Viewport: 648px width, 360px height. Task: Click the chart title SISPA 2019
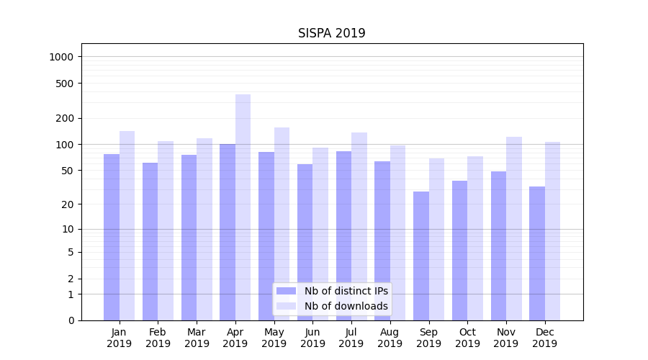point(332,33)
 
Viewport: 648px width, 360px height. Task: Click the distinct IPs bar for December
point(537,253)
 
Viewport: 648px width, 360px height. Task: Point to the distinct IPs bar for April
point(228,232)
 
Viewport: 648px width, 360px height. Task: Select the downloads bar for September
point(436,239)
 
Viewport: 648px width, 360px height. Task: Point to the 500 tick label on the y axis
point(66,84)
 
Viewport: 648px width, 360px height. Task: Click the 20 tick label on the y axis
point(68,204)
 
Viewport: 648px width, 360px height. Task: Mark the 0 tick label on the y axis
point(71,320)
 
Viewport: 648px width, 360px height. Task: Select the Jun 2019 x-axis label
point(312,338)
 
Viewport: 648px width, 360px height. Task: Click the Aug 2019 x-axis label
point(390,338)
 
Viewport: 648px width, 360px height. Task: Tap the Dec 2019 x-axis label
point(545,338)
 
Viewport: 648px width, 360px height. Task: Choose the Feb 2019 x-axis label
point(158,338)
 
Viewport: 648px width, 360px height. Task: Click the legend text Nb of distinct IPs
point(346,291)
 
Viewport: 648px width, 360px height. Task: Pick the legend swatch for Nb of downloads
point(287,306)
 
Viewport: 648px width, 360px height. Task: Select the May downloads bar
point(282,224)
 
